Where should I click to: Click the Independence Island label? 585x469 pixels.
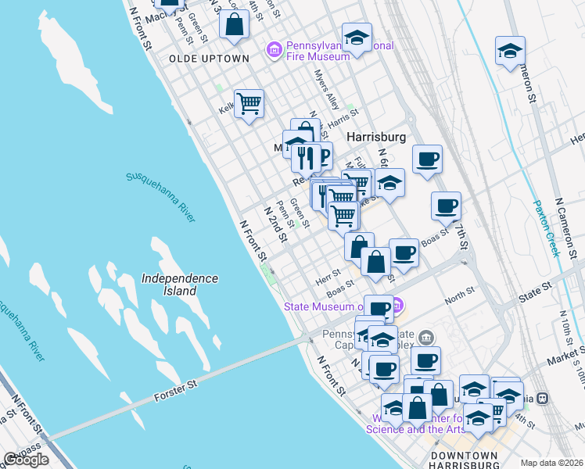pyautogui.click(x=180, y=285)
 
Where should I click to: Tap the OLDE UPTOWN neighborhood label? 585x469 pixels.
pyautogui.click(x=209, y=59)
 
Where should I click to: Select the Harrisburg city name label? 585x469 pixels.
pyautogui.click(x=376, y=137)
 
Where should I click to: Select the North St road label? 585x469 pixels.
pyautogui.click(x=454, y=298)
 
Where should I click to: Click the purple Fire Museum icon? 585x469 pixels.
pyautogui.click(x=274, y=52)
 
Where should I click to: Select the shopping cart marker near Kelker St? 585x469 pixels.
pyautogui.click(x=249, y=103)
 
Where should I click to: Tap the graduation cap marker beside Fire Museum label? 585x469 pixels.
pyautogui.click(x=357, y=38)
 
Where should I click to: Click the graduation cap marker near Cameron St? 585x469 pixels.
pyautogui.click(x=510, y=51)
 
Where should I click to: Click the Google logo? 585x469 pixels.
pyautogui.click(x=26, y=460)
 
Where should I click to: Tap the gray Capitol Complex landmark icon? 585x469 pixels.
pyautogui.click(x=425, y=338)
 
